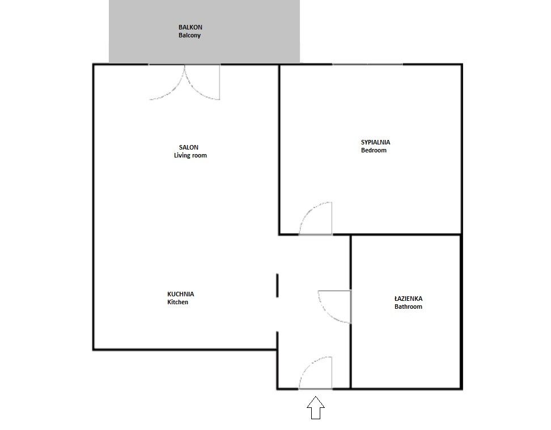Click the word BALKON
[190, 27]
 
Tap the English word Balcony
[189, 35]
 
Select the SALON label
[189, 147]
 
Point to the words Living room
[190, 155]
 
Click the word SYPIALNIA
[375, 142]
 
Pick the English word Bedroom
[374, 151]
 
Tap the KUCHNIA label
[180, 294]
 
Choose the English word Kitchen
[177, 303]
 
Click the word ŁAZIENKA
[408, 299]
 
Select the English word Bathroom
[408, 306]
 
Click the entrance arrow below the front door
[316, 407]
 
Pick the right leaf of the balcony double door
[203, 84]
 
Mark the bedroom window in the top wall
[367, 65]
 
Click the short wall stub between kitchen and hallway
[277, 286]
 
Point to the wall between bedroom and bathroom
[406, 235]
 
